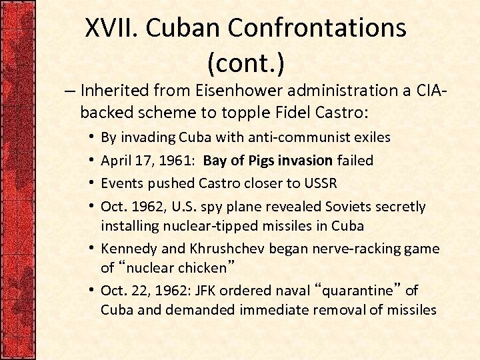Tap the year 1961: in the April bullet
[x=179, y=160]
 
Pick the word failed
[x=355, y=160]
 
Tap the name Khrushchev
[x=231, y=248]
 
